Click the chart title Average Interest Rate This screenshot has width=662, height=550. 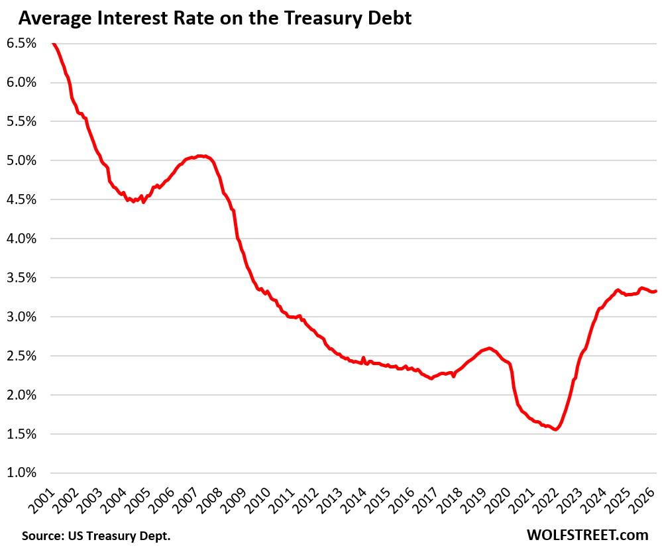(215, 19)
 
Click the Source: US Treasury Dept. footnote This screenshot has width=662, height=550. (96, 535)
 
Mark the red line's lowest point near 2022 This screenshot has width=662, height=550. (555, 429)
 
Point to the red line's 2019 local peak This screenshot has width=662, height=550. (489, 348)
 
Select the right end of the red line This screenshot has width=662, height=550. (655, 291)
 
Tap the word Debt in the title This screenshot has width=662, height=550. (392, 19)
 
